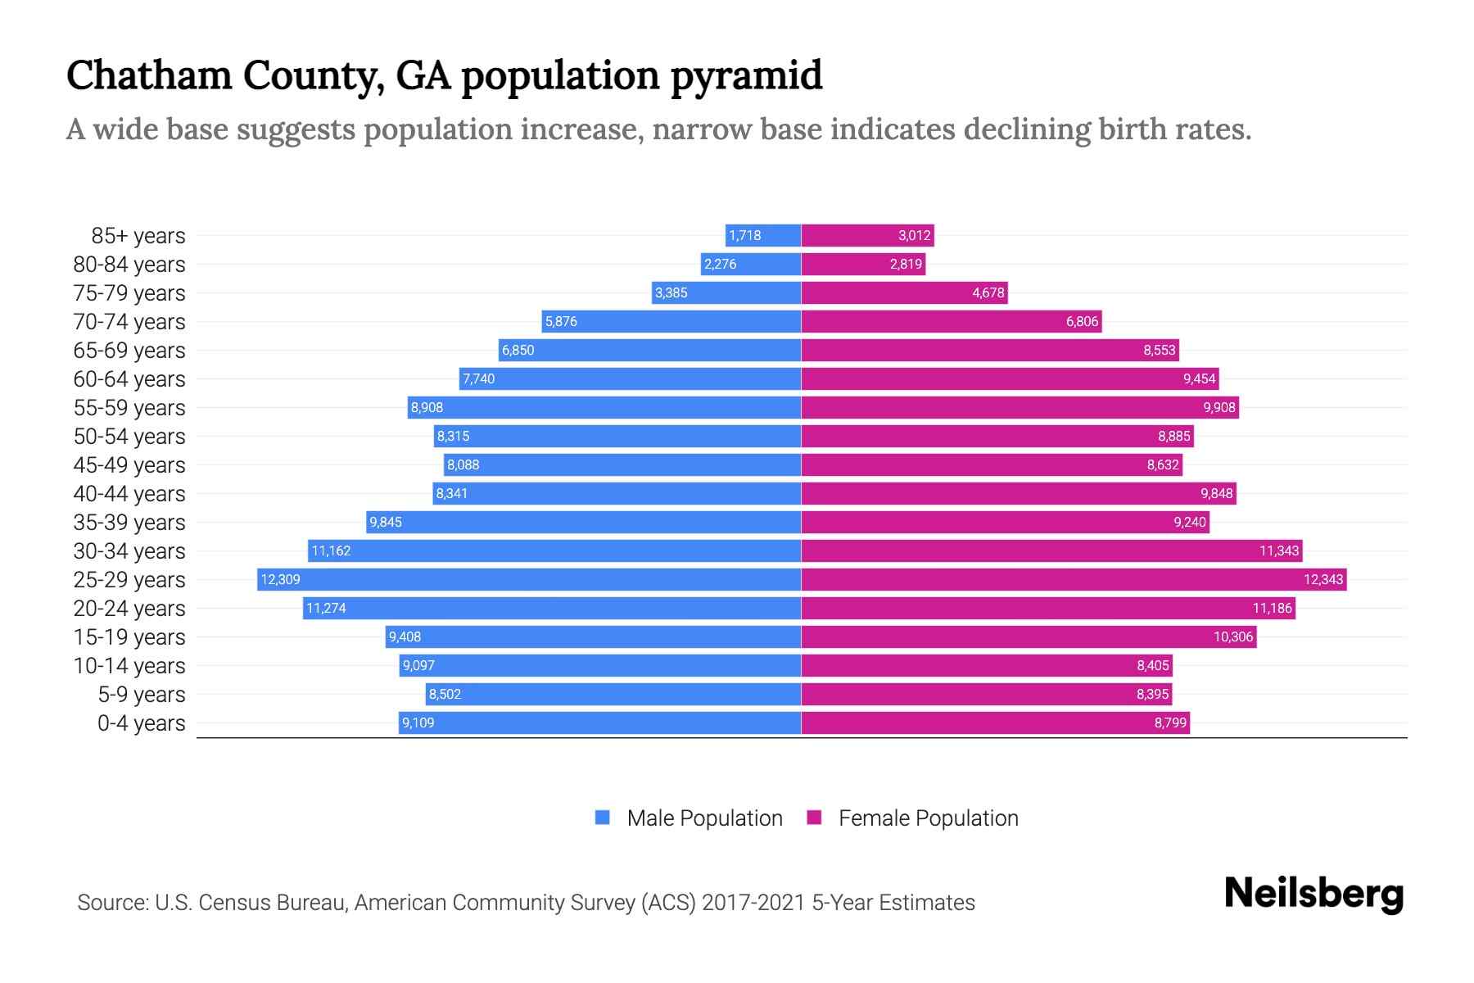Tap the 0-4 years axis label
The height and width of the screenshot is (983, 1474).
[x=141, y=723]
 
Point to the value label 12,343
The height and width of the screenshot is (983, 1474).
[x=1323, y=579]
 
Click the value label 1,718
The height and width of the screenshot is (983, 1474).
[x=744, y=235]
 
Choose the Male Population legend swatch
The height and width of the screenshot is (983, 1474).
[x=603, y=818]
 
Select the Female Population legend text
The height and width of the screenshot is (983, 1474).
[x=928, y=818]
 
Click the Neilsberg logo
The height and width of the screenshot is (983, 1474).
[x=1313, y=894]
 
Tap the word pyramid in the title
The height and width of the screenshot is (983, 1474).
[x=745, y=75]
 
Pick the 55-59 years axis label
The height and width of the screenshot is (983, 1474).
[x=129, y=408]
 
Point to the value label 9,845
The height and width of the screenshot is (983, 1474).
[x=385, y=522]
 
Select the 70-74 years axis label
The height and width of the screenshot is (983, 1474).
[x=129, y=322]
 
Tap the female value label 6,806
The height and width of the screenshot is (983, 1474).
[x=1081, y=321]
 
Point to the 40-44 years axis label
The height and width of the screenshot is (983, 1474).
[x=129, y=494]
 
